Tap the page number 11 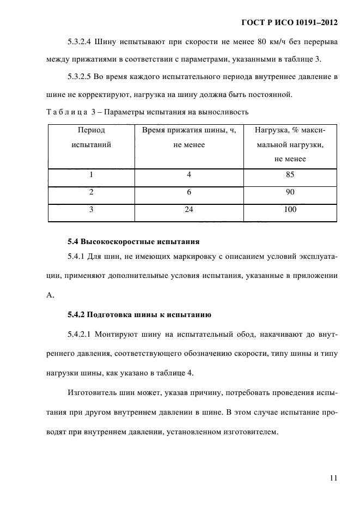tap(333, 478)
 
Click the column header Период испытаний tap(91, 138)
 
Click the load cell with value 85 tap(290, 175)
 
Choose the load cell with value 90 tap(290, 192)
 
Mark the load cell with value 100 tap(290, 210)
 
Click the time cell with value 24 tap(189, 210)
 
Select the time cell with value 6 tap(189, 192)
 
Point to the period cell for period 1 tap(91, 175)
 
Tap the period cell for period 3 tap(91, 210)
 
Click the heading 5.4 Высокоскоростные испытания tap(134, 241)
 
